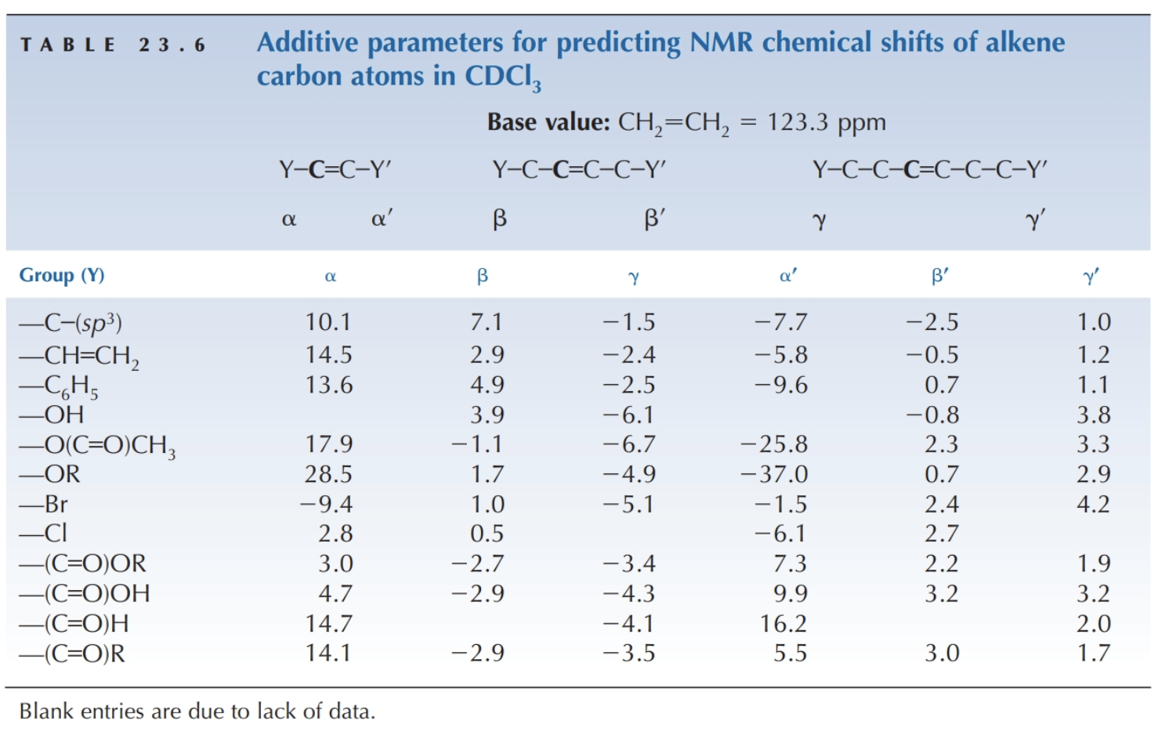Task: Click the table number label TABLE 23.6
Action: pyautogui.click(x=113, y=45)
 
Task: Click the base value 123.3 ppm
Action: pyautogui.click(x=826, y=122)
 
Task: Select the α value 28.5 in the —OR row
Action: pyautogui.click(x=328, y=474)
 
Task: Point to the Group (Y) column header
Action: pyautogui.click(x=62, y=275)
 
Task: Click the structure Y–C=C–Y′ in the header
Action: pyautogui.click(x=335, y=169)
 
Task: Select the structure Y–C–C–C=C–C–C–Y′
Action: pyautogui.click(x=929, y=169)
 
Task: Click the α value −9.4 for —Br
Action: pyautogui.click(x=326, y=504)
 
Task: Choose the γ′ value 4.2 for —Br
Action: pyautogui.click(x=1093, y=504)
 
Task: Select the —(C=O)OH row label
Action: pyautogui.click(x=85, y=593)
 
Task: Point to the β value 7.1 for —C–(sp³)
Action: pyautogui.click(x=487, y=322)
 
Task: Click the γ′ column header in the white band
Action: pyautogui.click(x=1091, y=276)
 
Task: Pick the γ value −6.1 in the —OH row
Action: pyautogui.click(x=628, y=415)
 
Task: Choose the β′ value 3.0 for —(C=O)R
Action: pyautogui.click(x=942, y=653)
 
